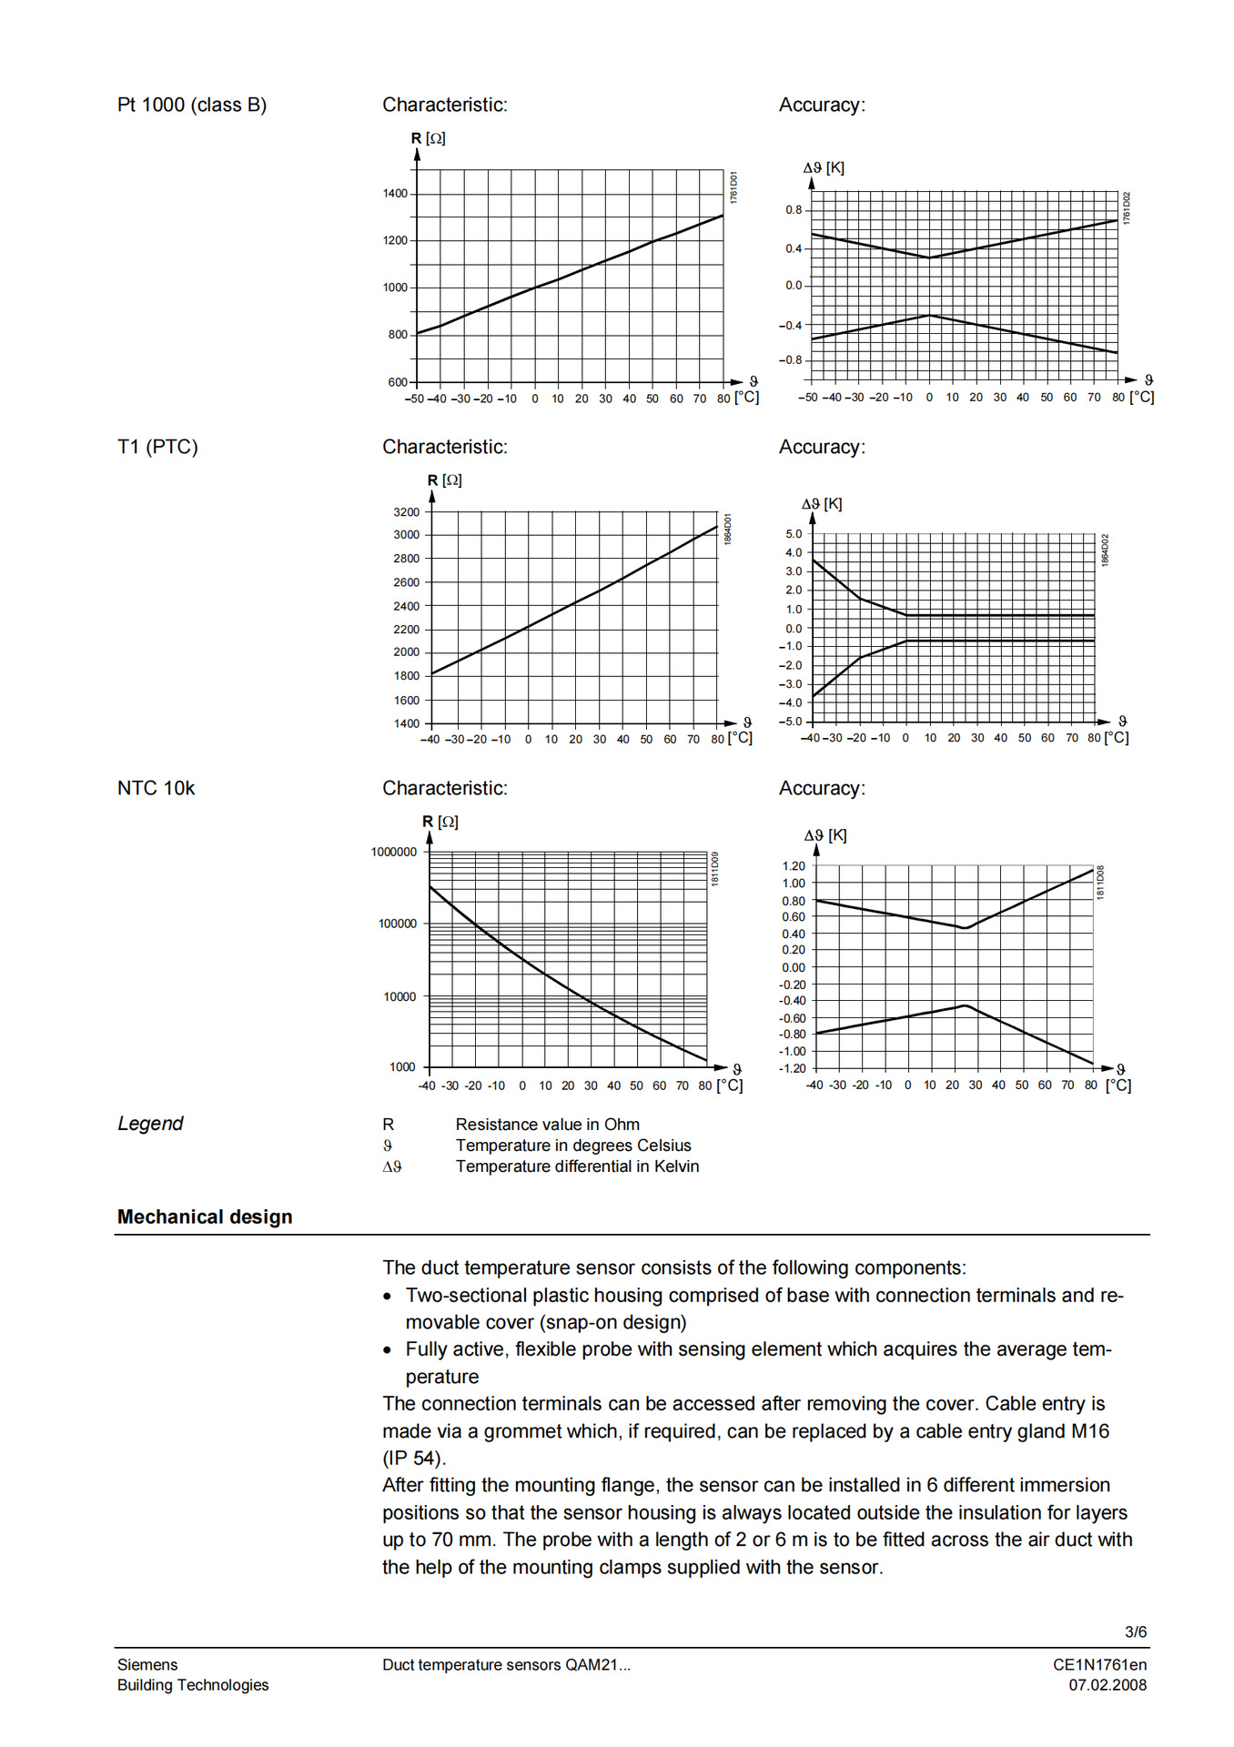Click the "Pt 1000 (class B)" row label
(x=191, y=106)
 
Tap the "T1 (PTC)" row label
(x=157, y=448)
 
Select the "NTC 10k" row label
(x=156, y=789)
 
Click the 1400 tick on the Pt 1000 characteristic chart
(x=395, y=194)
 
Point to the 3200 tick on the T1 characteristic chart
(x=406, y=512)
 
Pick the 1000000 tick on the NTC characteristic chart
(x=393, y=853)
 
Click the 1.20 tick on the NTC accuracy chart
(x=794, y=866)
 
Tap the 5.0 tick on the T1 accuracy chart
(x=794, y=534)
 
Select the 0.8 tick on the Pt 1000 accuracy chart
(x=794, y=210)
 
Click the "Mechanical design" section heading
(x=205, y=1217)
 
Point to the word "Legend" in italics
(x=150, y=1124)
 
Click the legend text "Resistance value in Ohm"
(x=547, y=1125)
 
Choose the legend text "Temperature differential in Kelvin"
(x=577, y=1166)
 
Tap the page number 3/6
(x=1135, y=1632)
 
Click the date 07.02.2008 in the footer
(x=1107, y=1685)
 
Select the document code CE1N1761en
(x=1099, y=1665)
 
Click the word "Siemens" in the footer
(x=147, y=1665)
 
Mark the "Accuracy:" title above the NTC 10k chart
(x=822, y=789)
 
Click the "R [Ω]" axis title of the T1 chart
(x=444, y=480)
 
